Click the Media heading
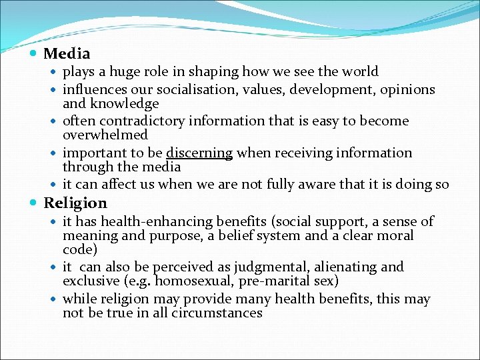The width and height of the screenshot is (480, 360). point(67,53)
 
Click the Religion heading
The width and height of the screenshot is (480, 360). point(75,203)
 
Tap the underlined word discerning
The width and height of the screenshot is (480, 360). point(199,153)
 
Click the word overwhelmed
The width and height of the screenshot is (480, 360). point(105,135)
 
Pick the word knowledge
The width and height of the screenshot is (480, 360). point(126,103)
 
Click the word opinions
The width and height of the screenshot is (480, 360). point(407,89)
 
